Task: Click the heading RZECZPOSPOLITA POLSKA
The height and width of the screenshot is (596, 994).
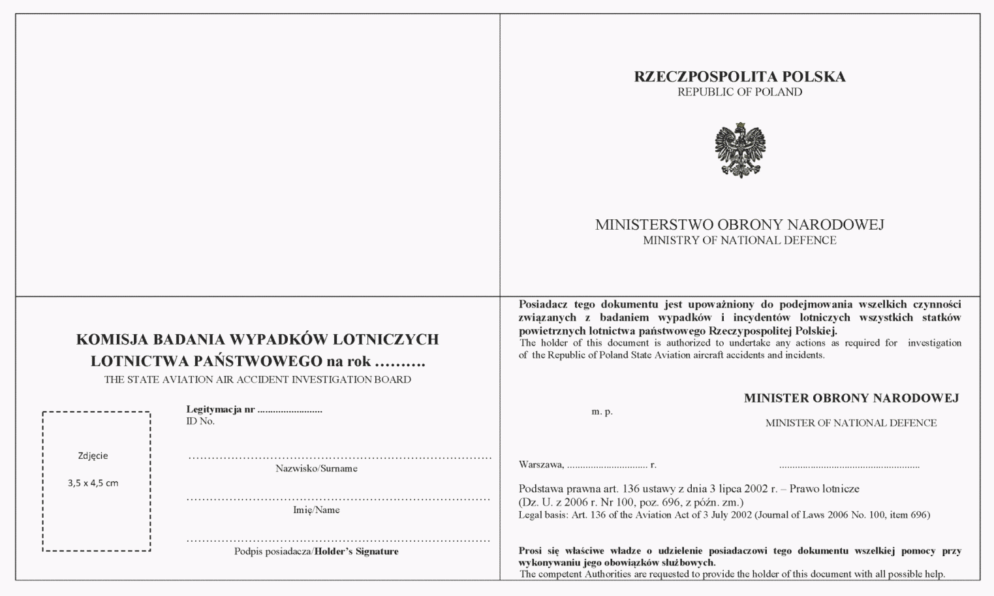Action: pos(739,77)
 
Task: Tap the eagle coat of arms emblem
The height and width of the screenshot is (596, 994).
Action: pos(739,149)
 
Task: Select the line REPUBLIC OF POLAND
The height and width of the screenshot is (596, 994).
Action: pos(739,92)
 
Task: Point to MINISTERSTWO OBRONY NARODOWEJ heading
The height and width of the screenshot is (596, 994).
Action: pos(739,225)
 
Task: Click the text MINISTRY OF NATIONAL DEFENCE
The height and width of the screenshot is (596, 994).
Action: pos(739,240)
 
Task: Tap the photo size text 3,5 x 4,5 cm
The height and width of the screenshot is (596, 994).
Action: pos(93,483)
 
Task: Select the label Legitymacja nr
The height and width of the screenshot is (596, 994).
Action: pos(221,409)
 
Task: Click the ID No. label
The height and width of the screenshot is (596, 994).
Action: pos(200,421)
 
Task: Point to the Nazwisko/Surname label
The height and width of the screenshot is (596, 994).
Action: pos(316,469)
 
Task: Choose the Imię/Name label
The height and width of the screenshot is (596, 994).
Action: pos(316,510)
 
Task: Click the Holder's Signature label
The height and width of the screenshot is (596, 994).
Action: pos(356,552)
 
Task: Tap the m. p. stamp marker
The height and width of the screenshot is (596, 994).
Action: pos(602,412)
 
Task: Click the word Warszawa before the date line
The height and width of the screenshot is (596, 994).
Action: pos(540,465)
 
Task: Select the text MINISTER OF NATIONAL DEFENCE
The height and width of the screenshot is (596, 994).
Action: pos(850,423)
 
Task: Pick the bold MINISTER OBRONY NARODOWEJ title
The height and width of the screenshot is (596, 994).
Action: pos(851,398)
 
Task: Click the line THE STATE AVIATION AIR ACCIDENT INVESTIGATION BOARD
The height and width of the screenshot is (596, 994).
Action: pos(258,380)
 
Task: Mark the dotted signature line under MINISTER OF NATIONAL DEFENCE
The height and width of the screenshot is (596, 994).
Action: pos(849,467)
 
